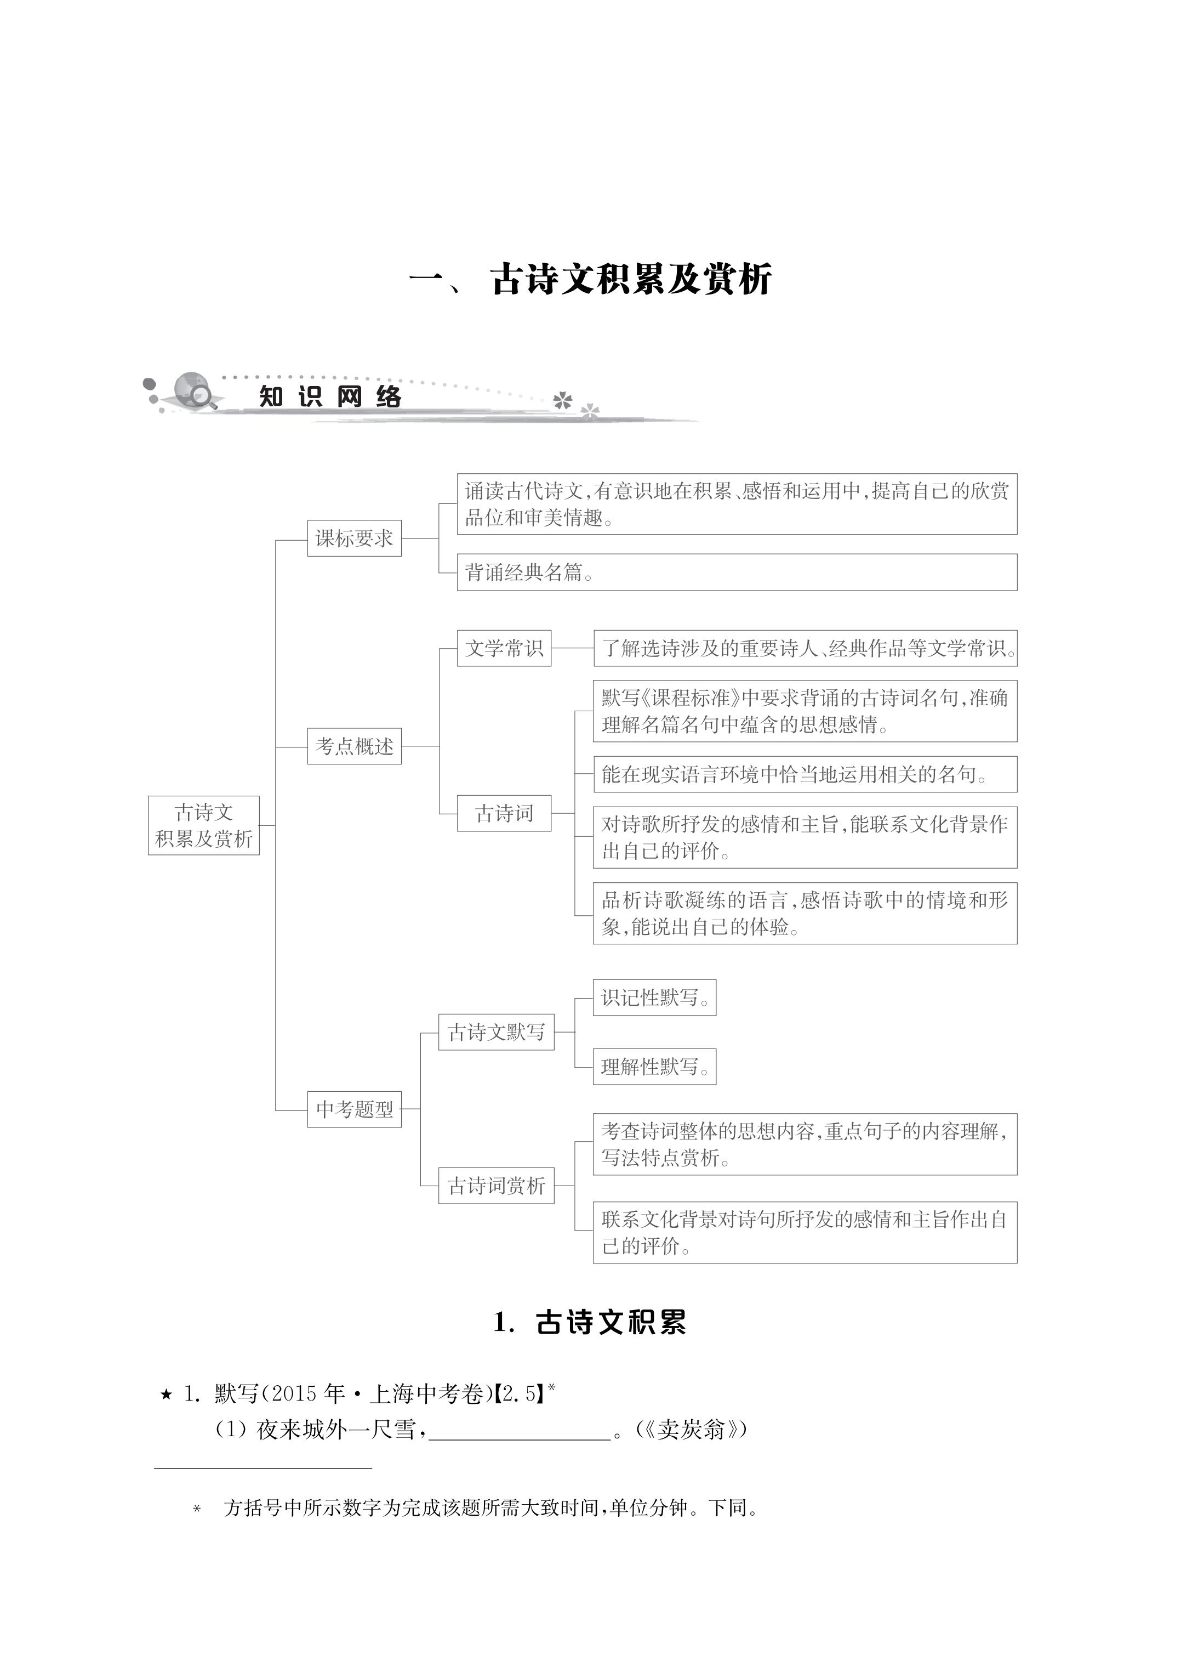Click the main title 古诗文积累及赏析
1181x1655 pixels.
[630, 279]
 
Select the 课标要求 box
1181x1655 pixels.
[354, 539]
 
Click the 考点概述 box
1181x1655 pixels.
[354, 746]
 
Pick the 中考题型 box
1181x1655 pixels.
[354, 1109]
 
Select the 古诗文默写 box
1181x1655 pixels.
[496, 1031]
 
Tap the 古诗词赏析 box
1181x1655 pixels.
[496, 1186]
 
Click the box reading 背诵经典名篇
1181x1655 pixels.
[736, 573]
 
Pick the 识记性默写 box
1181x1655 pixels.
[654, 997]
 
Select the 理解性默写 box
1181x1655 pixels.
[654, 1067]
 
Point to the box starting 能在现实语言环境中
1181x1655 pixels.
[805, 774]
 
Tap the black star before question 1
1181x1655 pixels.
[167, 1394]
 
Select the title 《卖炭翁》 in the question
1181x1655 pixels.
[692, 1430]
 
